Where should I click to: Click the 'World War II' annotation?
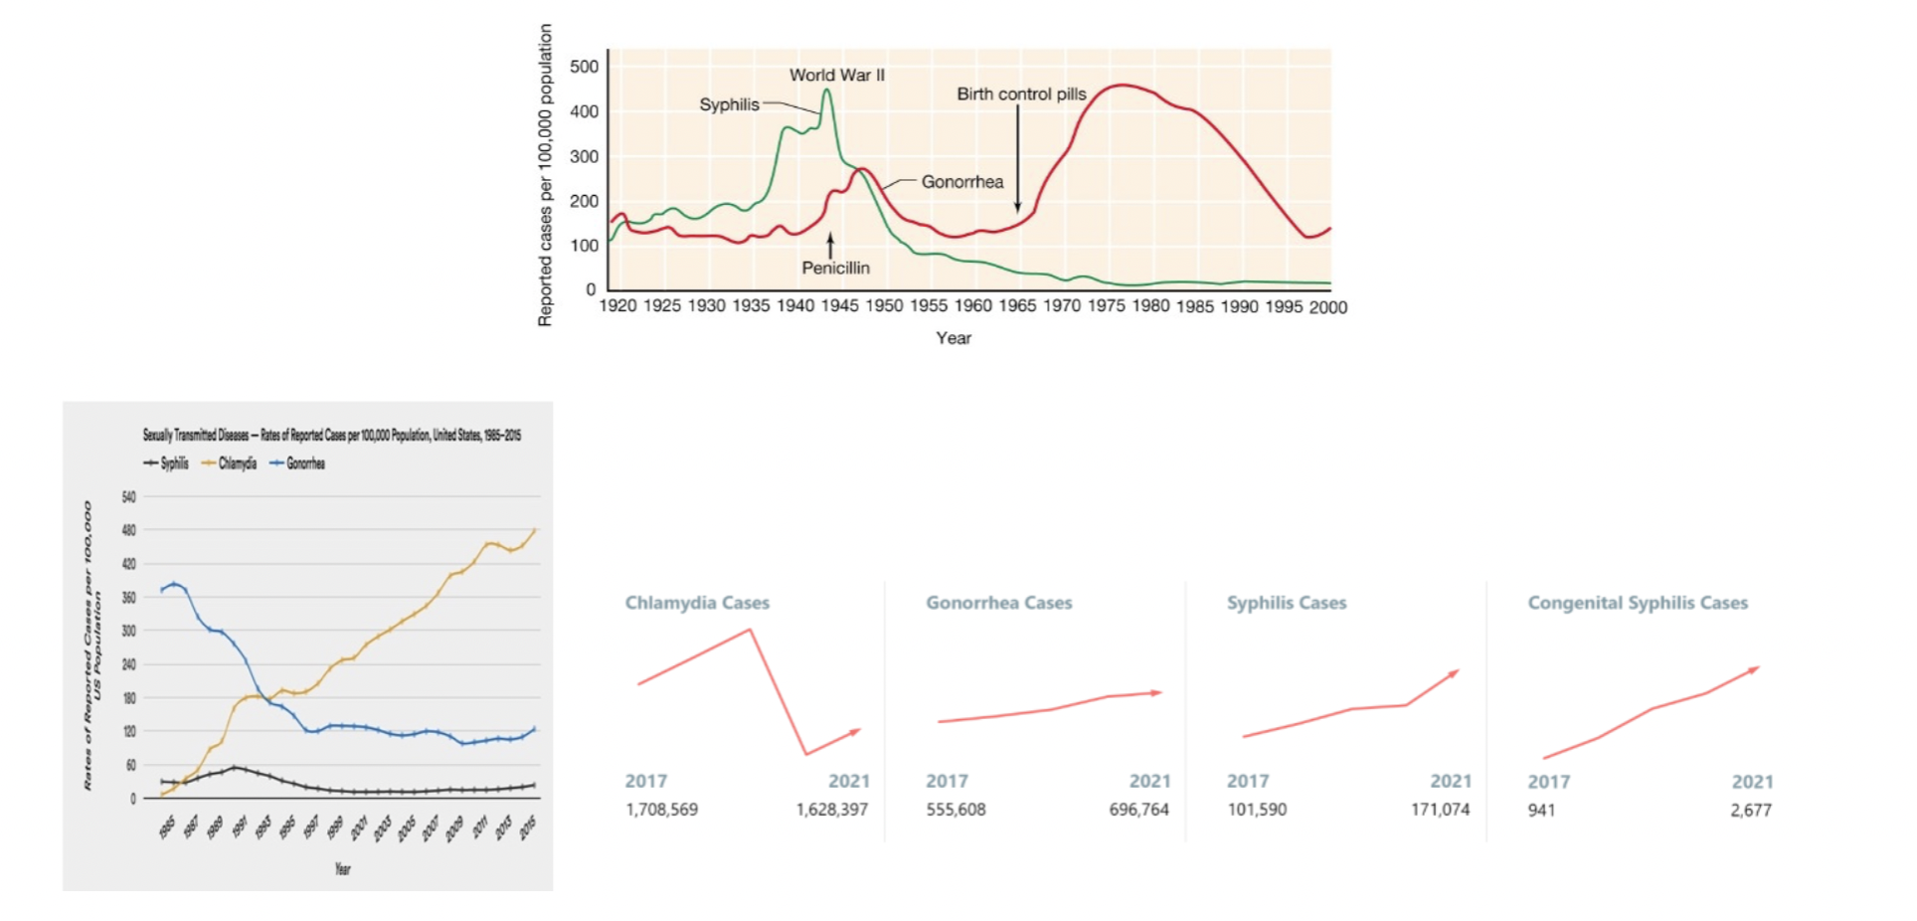pyautogui.click(x=836, y=75)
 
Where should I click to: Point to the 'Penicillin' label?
pyautogui.click(x=835, y=268)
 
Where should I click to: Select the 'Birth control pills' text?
pyautogui.click(x=1021, y=93)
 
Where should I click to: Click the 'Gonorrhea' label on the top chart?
pyautogui.click(x=961, y=181)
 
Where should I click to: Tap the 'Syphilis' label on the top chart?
pyautogui.click(x=729, y=104)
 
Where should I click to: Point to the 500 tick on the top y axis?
pyautogui.click(x=585, y=67)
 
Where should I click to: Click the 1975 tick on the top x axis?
pyautogui.click(x=1106, y=306)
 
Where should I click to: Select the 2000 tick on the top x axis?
pyautogui.click(x=1327, y=307)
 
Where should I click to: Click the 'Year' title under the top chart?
pyautogui.click(x=954, y=338)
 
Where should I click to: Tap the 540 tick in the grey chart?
pyautogui.click(x=128, y=496)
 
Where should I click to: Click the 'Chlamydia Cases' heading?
pyautogui.click(x=697, y=603)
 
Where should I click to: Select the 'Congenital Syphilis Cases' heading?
pyautogui.click(x=1638, y=603)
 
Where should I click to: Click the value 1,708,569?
pyautogui.click(x=661, y=810)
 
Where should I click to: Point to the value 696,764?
pyautogui.click(x=1138, y=810)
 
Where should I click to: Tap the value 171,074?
pyautogui.click(x=1440, y=810)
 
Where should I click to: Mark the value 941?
pyautogui.click(x=1541, y=811)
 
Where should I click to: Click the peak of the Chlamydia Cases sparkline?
pyautogui.click(x=750, y=630)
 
